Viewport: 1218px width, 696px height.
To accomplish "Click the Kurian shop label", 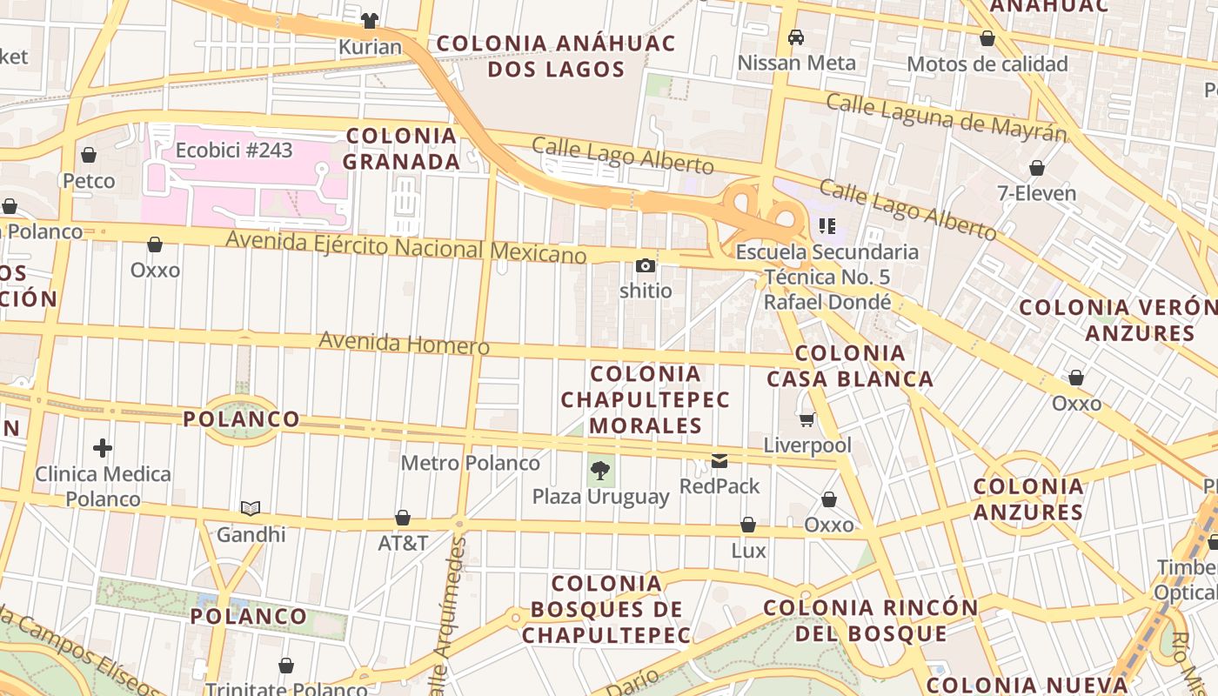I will tap(370, 47).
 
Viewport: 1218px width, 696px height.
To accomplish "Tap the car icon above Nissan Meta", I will tap(795, 37).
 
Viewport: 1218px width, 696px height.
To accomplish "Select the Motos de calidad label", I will tap(987, 64).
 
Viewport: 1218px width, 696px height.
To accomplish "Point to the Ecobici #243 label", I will tap(234, 150).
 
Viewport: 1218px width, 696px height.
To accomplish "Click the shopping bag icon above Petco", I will tap(89, 156).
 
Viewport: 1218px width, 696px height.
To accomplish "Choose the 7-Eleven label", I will tap(1037, 193).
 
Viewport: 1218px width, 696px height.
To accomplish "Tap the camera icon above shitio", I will tap(646, 266).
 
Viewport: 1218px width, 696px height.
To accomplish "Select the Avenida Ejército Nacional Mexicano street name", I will tap(406, 246).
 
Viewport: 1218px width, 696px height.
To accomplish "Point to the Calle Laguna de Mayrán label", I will tap(946, 117).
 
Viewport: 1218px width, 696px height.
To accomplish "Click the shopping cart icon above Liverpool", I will tap(807, 420).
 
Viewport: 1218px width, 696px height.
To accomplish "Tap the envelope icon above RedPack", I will tap(719, 461).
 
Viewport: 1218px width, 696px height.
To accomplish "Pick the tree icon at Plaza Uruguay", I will tap(599, 472).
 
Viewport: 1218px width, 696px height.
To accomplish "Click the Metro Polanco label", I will tap(470, 463).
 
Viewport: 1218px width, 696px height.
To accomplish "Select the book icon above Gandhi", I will tap(251, 508).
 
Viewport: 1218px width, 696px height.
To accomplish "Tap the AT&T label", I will tap(403, 543).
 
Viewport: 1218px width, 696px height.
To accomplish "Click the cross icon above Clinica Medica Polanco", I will tap(103, 449).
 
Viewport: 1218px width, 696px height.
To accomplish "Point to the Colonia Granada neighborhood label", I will tap(401, 149).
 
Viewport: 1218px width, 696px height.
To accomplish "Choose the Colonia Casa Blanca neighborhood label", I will tap(850, 366).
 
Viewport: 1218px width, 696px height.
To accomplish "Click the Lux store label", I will tap(748, 550).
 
